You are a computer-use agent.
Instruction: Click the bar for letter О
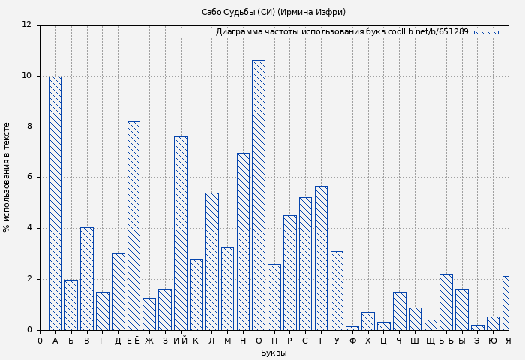(258, 195)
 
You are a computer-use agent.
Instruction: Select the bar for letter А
(55, 203)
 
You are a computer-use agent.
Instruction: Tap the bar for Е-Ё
(133, 226)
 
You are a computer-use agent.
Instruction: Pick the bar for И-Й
(180, 233)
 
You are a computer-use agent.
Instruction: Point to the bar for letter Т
(321, 258)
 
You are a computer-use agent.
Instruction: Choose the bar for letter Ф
(352, 328)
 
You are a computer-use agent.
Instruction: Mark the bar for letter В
(87, 278)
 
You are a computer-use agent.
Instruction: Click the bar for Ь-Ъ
(445, 301)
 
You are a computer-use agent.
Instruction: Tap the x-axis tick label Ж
(149, 341)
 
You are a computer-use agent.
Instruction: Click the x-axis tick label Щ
(430, 341)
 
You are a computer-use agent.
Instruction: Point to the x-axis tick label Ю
(493, 341)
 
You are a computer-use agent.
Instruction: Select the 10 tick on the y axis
(27, 76)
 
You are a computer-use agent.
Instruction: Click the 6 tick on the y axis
(28, 178)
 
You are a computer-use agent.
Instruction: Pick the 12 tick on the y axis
(27, 25)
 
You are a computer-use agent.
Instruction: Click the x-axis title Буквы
(274, 353)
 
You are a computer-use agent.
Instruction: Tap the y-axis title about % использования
(7, 177)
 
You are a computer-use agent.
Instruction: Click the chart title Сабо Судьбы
(274, 12)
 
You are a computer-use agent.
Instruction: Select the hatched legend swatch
(486, 32)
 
